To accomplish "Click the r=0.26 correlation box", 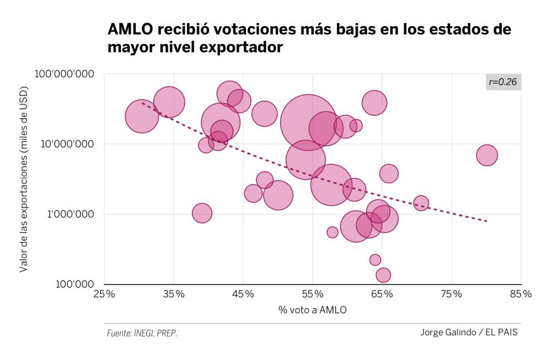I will pyautogui.click(x=503, y=82).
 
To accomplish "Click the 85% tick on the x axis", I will pyautogui.click(x=521, y=295).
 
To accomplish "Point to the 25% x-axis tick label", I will pyautogui.click(x=105, y=295).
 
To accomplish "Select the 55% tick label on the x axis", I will pyautogui.click(x=313, y=295).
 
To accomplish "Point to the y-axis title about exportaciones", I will pyautogui.click(x=23, y=179).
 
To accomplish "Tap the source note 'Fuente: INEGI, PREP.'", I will pyautogui.click(x=142, y=333).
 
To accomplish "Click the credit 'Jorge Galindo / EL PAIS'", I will pyautogui.click(x=469, y=333).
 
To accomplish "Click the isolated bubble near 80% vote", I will pyautogui.click(x=487, y=155).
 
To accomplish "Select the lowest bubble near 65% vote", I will pyautogui.click(x=383, y=275).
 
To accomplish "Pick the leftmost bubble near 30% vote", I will pyautogui.click(x=142, y=116).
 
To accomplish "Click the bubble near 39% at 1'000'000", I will pyautogui.click(x=202, y=213).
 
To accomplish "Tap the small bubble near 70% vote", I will pyautogui.click(x=421, y=203).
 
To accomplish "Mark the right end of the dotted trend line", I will pyautogui.click(x=487, y=221).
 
